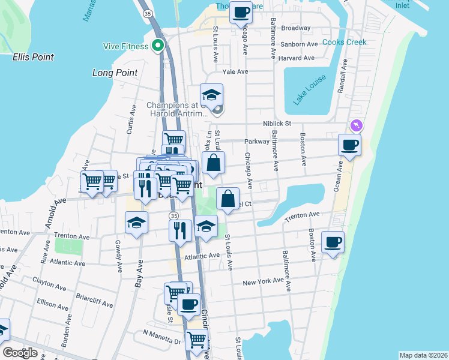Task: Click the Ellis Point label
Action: [x=33, y=58]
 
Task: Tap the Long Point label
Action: [x=115, y=73]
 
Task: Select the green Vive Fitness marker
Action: [x=158, y=45]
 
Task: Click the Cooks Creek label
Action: [x=344, y=43]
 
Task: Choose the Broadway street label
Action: [x=296, y=28]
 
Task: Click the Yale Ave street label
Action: [x=235, y=72]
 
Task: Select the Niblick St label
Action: [x=277, y=124]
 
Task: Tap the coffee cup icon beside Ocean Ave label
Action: [x=349, y=144]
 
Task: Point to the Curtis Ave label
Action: [x=130, y=120]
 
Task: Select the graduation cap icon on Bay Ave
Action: [x=137, y=223]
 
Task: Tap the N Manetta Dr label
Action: [x=161, y=341]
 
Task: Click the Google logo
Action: [x=20, y=353]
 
